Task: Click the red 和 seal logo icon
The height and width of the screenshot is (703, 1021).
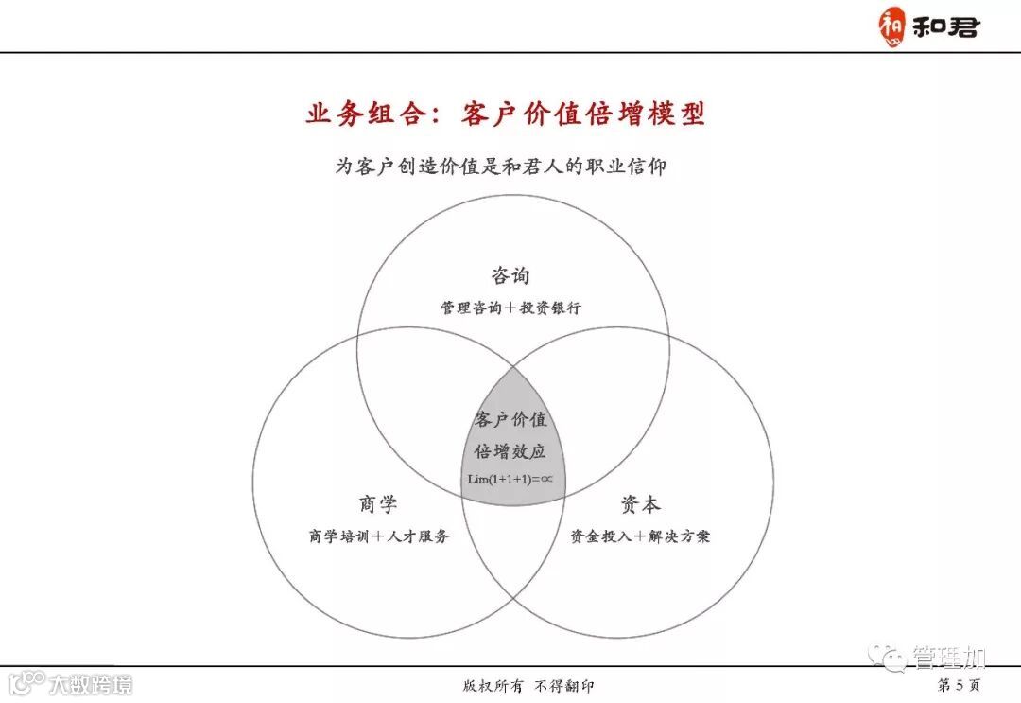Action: pos(891,26)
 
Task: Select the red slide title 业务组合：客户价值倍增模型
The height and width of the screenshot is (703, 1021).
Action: pos(506,114)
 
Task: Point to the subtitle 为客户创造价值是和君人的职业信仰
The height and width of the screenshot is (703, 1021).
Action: pos(501,167)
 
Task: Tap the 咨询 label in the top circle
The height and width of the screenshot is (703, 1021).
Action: pos(510,275)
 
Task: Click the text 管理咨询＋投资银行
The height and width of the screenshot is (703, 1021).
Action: pos(510,308)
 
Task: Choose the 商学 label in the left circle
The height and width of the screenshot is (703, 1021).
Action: pos(378,503)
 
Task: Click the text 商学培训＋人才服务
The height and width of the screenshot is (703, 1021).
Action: pos(378,536)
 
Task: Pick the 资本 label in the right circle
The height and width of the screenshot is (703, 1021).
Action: pos(641,503)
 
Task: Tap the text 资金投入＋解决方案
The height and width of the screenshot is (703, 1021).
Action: pos(640,536)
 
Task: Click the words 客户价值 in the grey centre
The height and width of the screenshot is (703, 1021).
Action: pos(510,420)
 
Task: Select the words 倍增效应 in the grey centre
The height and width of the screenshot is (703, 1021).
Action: pos(510,451)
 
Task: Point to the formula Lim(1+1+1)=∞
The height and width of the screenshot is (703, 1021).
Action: pos(510,479)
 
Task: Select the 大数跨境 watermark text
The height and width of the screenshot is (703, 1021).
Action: pos(91,683)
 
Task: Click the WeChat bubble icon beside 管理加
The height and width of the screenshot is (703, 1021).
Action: pos(890,656)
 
